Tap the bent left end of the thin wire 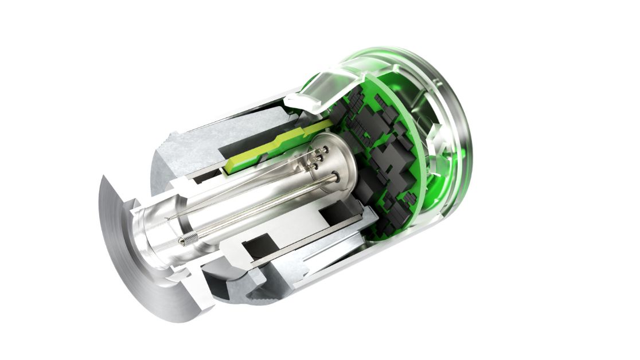coord(169,218)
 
